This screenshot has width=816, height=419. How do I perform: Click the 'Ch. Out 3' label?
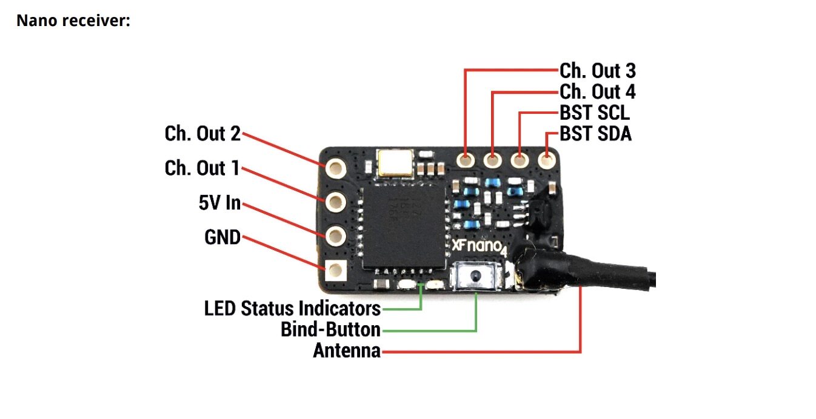[x=597, y=71]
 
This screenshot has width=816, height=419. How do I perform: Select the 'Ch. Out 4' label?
[x=597, y=92]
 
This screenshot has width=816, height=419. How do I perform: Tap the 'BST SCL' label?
[x=594, y=113]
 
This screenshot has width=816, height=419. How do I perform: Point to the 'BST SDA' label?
[x=595, y=133]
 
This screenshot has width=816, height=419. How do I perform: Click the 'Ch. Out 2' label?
[x=202, y=134]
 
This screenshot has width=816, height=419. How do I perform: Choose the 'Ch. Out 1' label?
[x=202, y=168]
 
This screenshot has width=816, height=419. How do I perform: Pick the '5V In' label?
[x=219, y=203]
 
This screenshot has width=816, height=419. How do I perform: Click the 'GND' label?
[x=222, y=238]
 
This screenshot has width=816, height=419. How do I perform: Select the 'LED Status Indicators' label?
[x=292, y=309]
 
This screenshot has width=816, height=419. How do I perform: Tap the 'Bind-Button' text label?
[x=330, y=330]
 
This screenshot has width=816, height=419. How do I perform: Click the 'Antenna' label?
[x=347, y=351]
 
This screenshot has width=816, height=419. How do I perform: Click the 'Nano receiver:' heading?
[x=73, y=21]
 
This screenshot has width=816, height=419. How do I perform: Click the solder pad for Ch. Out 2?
[x=335, y=166]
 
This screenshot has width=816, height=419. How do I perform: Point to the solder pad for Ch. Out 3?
[x=466, y=160]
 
